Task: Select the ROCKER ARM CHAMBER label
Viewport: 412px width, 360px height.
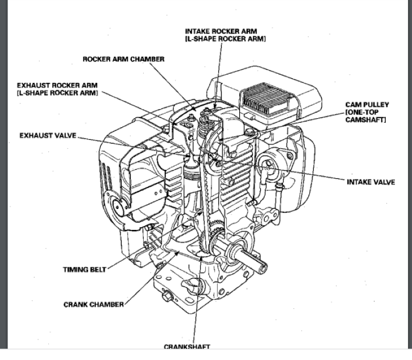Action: (123, 59)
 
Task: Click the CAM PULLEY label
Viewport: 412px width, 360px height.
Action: (367, 105)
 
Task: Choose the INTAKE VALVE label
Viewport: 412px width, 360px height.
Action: (370, 182)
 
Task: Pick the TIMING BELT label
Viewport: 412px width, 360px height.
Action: (84, 270)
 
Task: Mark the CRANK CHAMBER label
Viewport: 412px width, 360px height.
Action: (93, 304)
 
